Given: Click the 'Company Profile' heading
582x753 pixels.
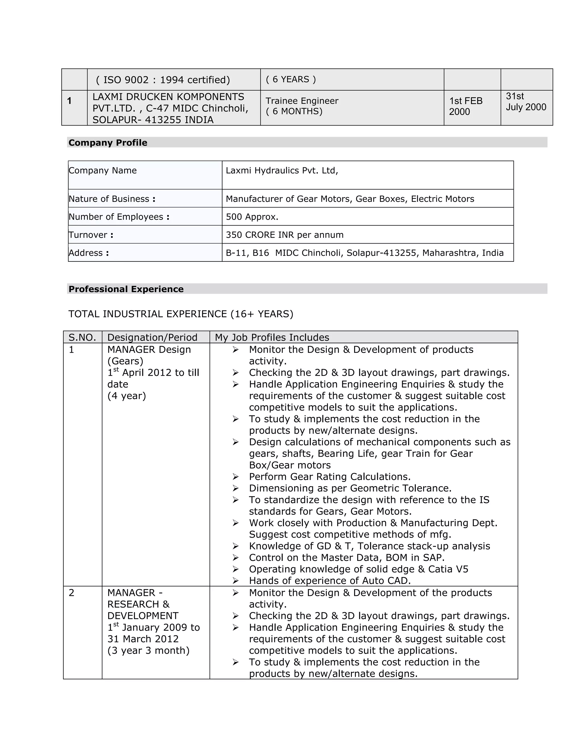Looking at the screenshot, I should coord(108,143).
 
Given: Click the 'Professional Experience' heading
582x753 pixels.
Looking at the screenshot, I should coord(126,289).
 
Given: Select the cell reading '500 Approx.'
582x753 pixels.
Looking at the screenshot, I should coord(252,217).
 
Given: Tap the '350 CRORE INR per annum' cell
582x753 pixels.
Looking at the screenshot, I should coord(284,235).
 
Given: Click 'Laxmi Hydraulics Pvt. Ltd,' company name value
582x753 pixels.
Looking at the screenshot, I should coord(282,170).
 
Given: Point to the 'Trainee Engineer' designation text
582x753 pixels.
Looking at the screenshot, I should coord(302,101).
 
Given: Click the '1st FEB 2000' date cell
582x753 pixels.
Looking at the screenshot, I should coord(465,106).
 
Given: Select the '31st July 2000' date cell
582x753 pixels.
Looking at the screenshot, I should coord(525,102).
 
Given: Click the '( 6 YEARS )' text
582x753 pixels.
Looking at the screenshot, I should coord(290,79).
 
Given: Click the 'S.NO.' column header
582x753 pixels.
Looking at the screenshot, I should coord(82,337).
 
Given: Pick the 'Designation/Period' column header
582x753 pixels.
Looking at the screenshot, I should coord(152,337).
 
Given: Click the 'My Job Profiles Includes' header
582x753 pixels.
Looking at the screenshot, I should coord(272,337).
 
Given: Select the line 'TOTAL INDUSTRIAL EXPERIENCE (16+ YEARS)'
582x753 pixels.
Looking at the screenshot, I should coord(181,314).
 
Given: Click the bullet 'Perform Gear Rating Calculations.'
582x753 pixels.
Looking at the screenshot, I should coord(330,477).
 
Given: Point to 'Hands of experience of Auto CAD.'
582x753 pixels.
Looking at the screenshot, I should coord(330,581).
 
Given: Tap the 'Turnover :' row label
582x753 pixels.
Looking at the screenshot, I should coord(91,235).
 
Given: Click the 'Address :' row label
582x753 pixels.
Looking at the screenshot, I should coord(89,253).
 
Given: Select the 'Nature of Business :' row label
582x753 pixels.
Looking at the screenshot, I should coord(112,199).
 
